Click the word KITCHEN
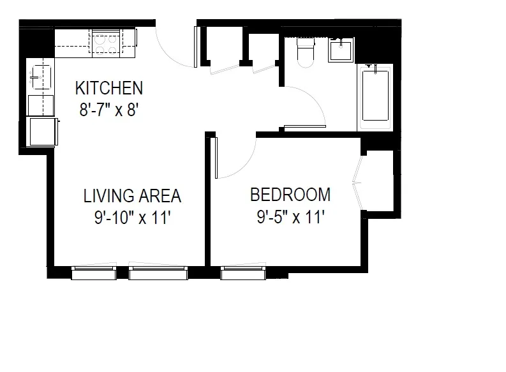(109, 87)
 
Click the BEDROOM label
(290, 194)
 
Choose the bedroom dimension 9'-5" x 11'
(291, 218)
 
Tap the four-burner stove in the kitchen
(107, 43)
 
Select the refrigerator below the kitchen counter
(41, 131)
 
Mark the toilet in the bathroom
(305, 51)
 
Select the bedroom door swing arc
(239, 156)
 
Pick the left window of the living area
(93, 273)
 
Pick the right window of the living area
(158, 273)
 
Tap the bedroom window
(243, 273)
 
